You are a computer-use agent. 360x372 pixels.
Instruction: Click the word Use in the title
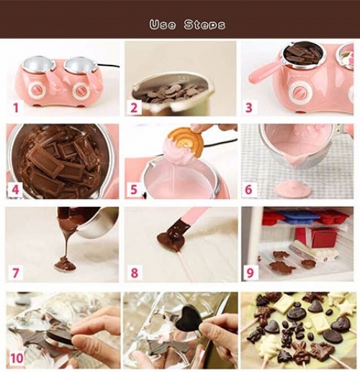click(x=163, y=25)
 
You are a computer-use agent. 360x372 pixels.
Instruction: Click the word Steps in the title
click(x=204, y=25)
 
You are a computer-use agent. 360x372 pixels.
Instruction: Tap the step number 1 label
click(x=16, y=107)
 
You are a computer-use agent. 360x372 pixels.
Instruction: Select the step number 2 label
click(x=135, y=107)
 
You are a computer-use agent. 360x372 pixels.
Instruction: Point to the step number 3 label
click(x=249, y=107)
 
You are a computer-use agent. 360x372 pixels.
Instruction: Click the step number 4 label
click(x=16, y=190)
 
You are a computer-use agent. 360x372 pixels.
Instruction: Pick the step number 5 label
click(x=134, y=190)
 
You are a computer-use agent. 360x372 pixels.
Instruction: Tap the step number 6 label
click(x=248, y=190)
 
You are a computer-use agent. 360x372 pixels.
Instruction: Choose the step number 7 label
click(x=15, y=273)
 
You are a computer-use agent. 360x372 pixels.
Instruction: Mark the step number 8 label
click(x=135, y=273)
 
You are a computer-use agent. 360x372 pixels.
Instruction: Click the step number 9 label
click(x=250, y=273)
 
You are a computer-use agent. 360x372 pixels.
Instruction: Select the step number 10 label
click(x=17, y=358)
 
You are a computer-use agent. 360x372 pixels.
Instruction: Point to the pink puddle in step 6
click(x=291, y=189)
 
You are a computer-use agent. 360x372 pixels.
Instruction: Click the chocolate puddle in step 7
click(x=65, y=265)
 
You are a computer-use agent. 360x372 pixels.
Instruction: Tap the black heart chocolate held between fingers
click(x=189, y=317)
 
